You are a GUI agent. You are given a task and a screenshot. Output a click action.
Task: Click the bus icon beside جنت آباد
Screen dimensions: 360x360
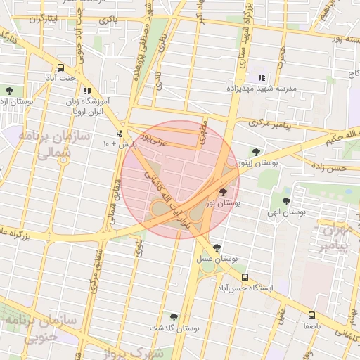tap(60, 68)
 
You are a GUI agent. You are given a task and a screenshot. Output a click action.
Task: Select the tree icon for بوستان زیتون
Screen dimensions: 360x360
tap(255, 151)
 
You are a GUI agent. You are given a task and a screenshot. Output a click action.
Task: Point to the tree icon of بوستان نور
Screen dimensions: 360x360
tap(224, 191)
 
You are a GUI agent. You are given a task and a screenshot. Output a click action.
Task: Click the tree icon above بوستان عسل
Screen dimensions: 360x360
tap(217, 247)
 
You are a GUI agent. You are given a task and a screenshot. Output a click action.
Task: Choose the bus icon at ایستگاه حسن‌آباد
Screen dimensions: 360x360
tap(245, 277)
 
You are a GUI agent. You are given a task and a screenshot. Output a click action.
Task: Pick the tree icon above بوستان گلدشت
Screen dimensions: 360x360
tap(174, 317)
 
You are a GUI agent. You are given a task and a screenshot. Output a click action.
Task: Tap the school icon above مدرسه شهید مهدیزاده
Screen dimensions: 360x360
tap(262, 77)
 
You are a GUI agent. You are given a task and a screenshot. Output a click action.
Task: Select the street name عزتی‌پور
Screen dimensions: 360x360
tap(154, 133)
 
